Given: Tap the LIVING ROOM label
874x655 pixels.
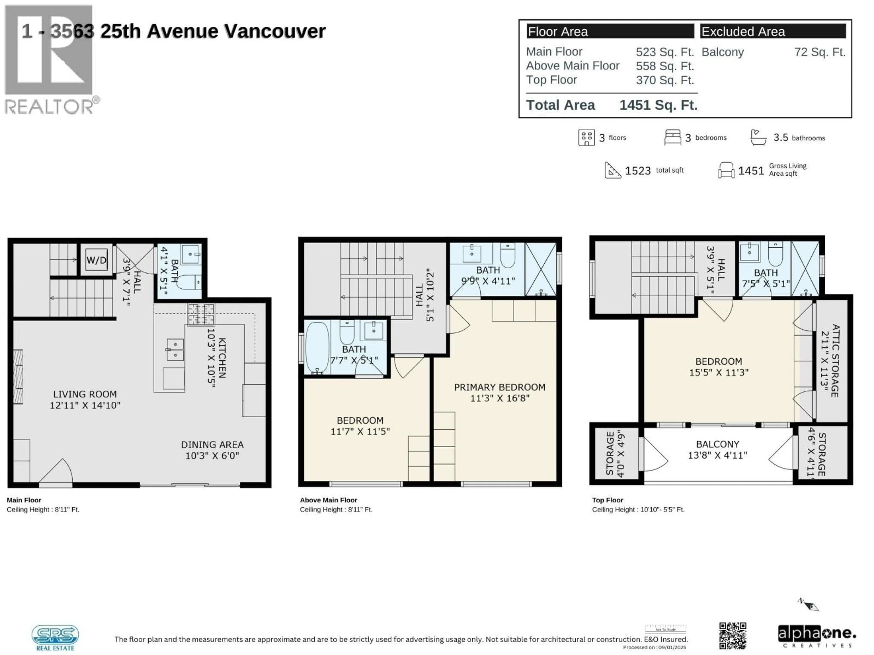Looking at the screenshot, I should (85, 394).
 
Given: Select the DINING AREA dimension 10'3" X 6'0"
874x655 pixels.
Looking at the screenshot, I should (212, 456).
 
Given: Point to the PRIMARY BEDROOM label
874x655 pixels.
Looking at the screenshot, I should (499, 387).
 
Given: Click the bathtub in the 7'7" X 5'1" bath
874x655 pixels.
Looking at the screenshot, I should (317, 348).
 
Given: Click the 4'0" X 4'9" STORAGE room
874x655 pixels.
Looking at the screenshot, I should (615, 453).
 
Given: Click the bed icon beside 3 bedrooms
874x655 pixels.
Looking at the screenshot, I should (672, 137).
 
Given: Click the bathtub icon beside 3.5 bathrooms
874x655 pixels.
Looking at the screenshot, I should (758, 137).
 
